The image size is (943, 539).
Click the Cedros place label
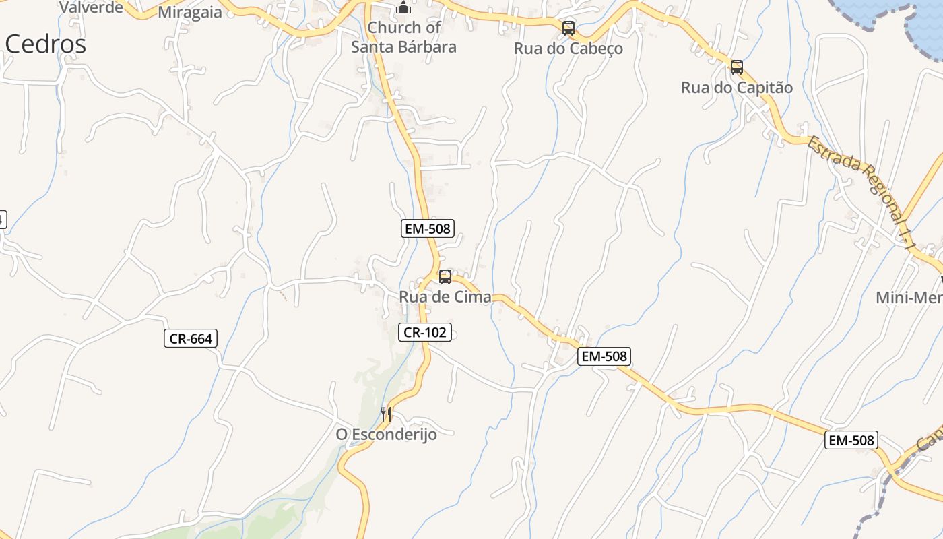tap(46, 44)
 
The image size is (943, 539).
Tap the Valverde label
tap(92, 7)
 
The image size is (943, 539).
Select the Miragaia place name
tap(189, 12)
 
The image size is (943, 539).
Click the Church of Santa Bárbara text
tap(403, 37)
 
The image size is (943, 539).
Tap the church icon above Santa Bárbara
tap(403, 8)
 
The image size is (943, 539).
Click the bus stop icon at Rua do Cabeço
tap(568, 28)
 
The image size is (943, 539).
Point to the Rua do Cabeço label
tap(568, 49)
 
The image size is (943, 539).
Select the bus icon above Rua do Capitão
tap(737, 67)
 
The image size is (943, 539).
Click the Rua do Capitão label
tap(737, 88)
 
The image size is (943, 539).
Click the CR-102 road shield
tap(426, 331)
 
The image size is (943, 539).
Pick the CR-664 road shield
tap(191, 338)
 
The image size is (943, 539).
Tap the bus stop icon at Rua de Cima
tap(445, 277)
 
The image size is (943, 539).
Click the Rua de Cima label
tap(445, 297)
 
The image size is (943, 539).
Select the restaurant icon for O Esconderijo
tap(386, 414)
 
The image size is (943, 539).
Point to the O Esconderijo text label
tap(386, 434)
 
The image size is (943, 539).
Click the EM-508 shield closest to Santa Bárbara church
tap(427, 228)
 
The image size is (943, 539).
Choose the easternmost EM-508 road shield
tap(851, 440)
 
